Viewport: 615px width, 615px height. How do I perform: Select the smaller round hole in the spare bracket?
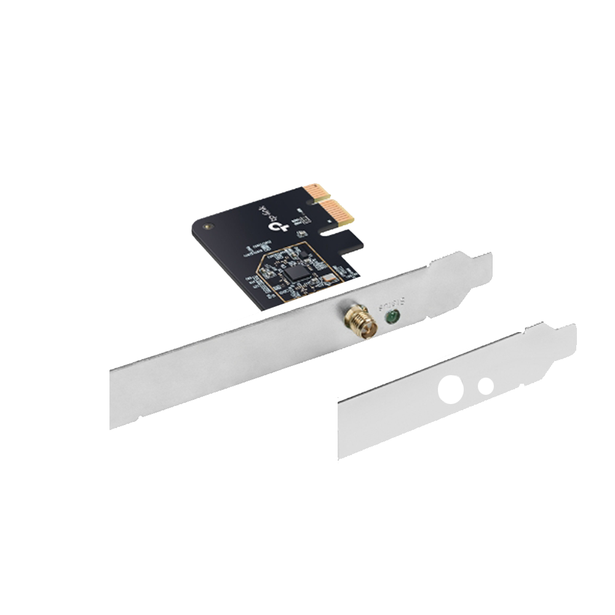point(486,386)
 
